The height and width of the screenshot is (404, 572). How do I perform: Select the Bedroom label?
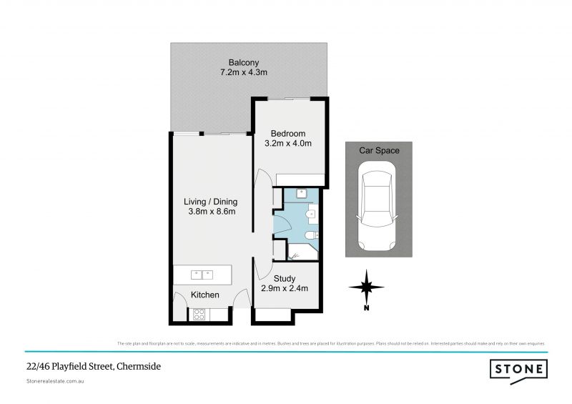click(289, 134)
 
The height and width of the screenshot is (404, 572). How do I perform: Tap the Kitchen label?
click(204, 295)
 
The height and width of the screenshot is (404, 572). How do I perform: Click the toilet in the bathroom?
click(310, 236)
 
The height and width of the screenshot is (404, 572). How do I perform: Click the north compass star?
click(365, 287)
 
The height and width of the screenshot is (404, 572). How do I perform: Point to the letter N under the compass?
click(365, 309)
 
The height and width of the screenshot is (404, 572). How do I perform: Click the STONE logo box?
click(518, 369)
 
